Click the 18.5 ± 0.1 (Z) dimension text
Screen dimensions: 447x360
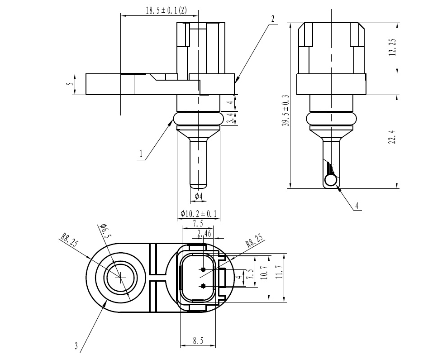(x=166, y=10)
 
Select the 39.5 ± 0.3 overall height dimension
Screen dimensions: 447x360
(x=285, y=110)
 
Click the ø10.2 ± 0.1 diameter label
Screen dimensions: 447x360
(x=199, y=213)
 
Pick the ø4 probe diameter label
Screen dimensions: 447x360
(x=199, y=196)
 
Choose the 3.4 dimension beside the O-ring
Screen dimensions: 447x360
(x=232, y=118)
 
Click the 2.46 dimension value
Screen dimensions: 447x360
(x=204, y=234)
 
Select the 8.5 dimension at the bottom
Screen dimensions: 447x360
(x=198, y=341)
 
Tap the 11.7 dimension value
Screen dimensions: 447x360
(x=279, y=272)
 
